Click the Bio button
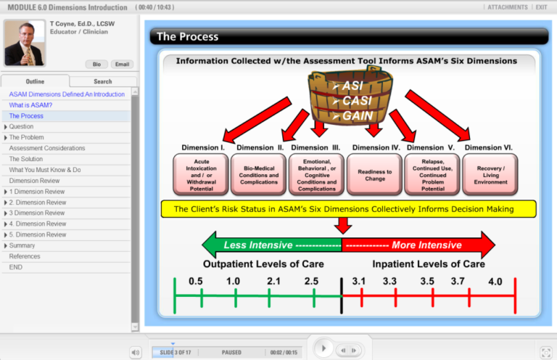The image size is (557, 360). coord(96,64)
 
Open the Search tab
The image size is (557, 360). coord(102,81)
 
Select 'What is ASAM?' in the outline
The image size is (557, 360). coord(30,105)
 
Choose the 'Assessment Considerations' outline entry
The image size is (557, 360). coord(47,148)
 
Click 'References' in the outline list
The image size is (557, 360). coord(25,256)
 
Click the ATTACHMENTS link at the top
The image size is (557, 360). coord(508,7)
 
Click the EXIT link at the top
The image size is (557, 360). coord(541,7)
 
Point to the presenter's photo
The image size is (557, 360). coord(24,43)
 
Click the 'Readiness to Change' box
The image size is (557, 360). coord(375,175)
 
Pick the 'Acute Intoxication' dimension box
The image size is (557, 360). coord(201,175)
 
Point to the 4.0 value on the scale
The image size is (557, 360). coord(495,281)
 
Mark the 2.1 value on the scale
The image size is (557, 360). coord(273,281)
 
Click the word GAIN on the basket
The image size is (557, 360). coord(357,115)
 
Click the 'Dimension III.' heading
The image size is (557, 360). coord(315,147)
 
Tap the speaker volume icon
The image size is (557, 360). coord(136,352)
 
